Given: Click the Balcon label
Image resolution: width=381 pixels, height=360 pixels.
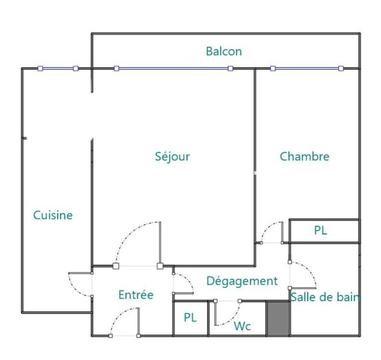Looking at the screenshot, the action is click(x=224, y=51).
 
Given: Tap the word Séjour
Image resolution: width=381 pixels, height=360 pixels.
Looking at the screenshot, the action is click(x=173, y=157).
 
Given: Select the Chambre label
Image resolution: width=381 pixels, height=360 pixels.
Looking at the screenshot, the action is click(x=304, y=156).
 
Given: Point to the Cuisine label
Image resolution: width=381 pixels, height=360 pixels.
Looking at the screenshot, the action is click(x=53, y=215).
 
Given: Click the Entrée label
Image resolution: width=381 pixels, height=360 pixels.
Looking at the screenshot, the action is click(x=136, y=295).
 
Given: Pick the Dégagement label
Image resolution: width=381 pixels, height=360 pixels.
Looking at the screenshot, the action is click(x=242, y=281).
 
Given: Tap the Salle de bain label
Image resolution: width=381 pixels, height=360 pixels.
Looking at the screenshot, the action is click(x=325, y=297).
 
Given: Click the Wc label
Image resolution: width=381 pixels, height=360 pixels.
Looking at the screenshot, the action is click(x=242, y=326).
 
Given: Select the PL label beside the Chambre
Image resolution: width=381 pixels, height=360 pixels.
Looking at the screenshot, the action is click(x=321, y=230).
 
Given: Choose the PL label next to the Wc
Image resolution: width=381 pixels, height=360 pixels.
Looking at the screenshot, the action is click(x=190, y=318).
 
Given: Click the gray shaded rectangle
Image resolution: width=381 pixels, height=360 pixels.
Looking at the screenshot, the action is click(x=278, y=318).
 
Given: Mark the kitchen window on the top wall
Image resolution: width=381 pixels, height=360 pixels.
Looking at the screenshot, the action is click(x=58, y=69).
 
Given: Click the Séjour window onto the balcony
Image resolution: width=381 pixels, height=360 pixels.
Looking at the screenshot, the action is click(x=173, y=69).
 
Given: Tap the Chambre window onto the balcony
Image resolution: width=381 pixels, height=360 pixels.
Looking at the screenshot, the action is click(x=307, y=69).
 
